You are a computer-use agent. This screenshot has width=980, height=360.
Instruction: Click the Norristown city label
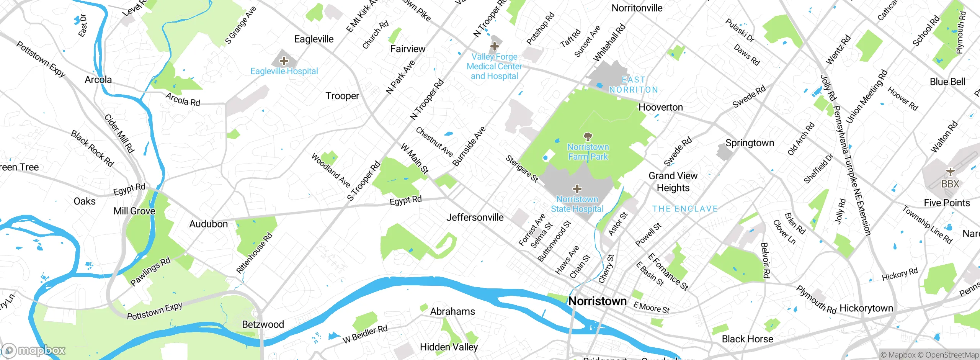597,301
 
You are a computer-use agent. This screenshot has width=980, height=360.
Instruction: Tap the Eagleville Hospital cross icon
284,61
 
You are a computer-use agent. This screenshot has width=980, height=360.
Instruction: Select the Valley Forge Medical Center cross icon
494,46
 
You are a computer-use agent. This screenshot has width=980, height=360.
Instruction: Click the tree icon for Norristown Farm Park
588,136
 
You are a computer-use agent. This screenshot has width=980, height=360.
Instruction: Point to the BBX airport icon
950,172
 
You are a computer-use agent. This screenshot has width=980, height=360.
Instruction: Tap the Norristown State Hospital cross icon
577,188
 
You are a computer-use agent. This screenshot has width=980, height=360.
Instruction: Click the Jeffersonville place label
475,218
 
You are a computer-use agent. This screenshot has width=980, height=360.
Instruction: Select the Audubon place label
208,224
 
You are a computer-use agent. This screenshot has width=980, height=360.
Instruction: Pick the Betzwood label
263,324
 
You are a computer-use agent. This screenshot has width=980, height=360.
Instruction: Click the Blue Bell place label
947,82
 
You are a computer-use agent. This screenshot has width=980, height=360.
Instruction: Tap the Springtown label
750,143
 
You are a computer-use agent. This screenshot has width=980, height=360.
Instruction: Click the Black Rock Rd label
92,149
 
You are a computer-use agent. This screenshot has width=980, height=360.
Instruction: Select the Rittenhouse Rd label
254,253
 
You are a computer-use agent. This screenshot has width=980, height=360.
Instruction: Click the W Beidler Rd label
365,334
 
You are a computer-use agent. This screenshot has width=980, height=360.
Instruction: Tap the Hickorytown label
866,308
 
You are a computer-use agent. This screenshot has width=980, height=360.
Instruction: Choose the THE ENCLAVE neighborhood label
685,209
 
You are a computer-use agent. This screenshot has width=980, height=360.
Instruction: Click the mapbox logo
34,350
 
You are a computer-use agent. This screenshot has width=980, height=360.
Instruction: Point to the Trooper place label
342,96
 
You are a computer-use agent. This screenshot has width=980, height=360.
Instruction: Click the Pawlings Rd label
150,272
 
